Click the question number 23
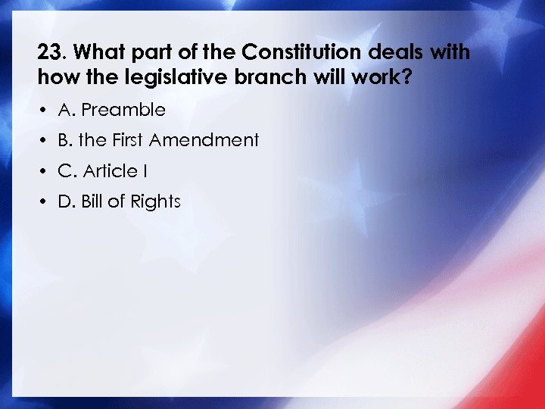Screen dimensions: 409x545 50,53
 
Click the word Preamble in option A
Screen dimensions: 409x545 123,110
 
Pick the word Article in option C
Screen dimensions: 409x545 110,171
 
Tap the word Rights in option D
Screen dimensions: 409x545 155,201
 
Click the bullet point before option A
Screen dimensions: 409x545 45,111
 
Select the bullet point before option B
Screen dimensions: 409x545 45,141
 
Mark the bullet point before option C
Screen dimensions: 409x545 45,172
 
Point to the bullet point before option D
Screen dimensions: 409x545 45,202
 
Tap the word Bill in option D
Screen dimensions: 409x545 92,201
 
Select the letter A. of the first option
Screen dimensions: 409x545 67,110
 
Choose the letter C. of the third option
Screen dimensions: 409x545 67,171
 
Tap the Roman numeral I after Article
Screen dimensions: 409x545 144,171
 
